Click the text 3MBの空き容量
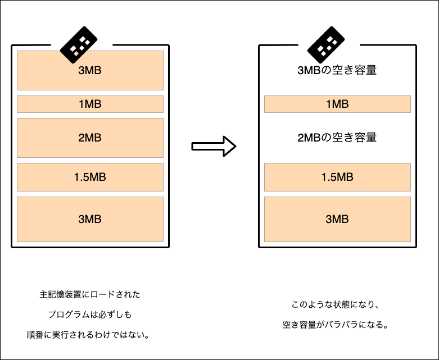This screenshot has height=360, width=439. click(x=337, y=71)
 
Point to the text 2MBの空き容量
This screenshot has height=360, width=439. click(x=337, y=138)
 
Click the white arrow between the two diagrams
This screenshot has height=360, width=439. click(x=213, y=147)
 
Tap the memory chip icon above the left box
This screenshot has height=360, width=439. click(x=79, y=44)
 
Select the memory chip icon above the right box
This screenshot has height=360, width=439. click(x=326, y=44)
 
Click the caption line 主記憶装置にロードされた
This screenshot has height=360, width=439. click(x=90, y=294)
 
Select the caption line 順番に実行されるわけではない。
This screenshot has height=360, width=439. click(x=90, y=335)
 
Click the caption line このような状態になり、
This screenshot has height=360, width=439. click(x=337, y=305)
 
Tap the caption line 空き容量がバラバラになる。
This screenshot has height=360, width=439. click(x=337, y=325)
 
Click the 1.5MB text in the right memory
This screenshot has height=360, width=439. click(x=337, y=177)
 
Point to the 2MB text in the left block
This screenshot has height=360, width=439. click(x=90, y=138)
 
